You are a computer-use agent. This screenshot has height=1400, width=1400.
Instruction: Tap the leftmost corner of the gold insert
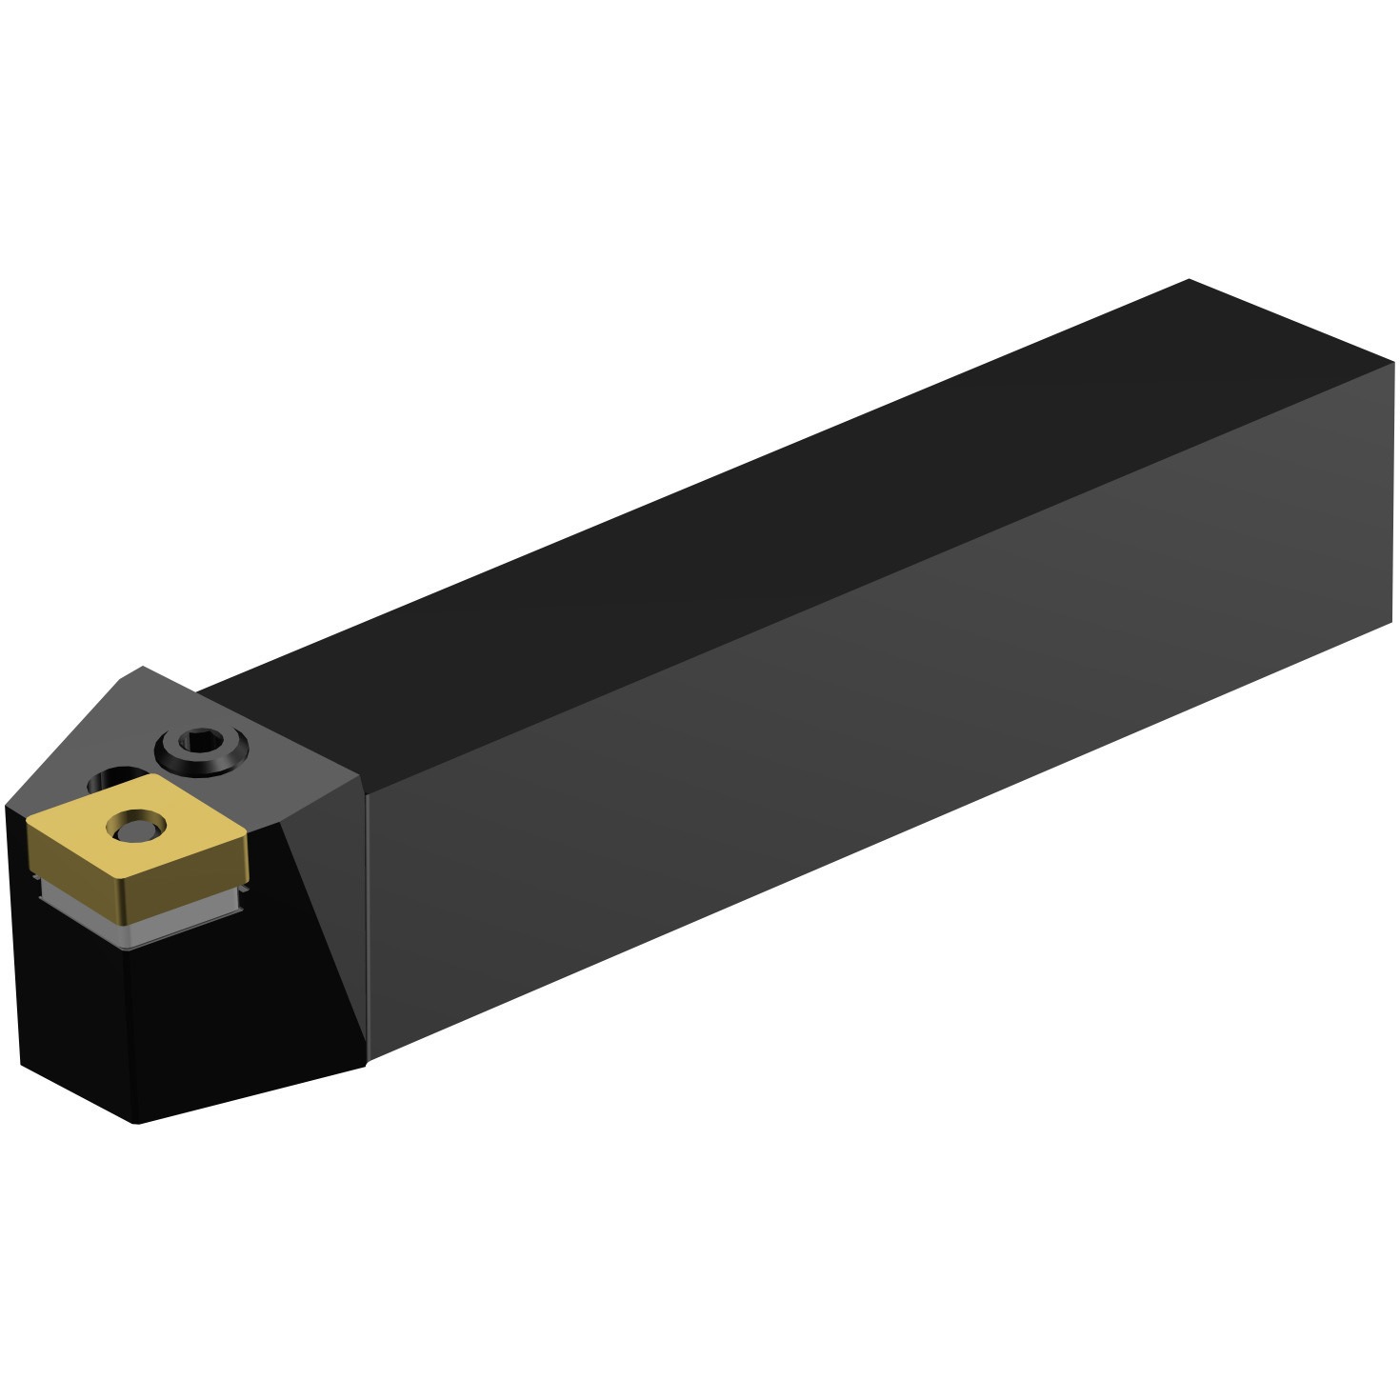[x=29, y=825]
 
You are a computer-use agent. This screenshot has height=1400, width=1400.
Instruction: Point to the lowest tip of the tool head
[x=136, y=1122]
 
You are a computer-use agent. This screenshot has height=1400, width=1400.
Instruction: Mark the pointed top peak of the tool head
[x=143, y=667]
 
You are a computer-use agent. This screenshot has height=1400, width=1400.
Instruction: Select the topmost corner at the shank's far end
[x=1189, y=280]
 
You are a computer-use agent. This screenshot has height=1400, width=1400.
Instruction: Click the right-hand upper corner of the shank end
[x=1392, y=363]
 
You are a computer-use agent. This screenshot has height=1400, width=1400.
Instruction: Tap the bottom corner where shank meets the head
[x=368, y=1060]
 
